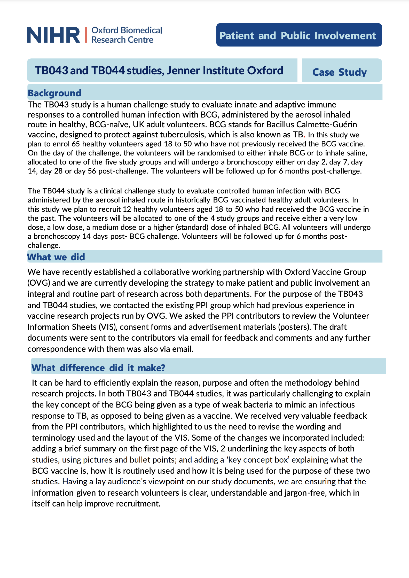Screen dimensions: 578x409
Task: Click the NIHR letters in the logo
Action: click(x=53, y=35)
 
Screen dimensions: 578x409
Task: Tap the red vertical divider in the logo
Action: click(x=86, y=35)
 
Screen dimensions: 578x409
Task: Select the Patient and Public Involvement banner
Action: click(x=299, y=35)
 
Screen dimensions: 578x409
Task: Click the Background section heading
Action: click(x=54, y=93)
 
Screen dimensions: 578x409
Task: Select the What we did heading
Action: click(x=56, y=257)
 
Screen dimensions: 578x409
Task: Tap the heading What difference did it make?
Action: click(x=98, y=368)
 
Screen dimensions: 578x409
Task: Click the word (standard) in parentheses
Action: click(x=192, y=227)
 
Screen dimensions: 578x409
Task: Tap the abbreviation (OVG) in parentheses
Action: click(x=39, y=283)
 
